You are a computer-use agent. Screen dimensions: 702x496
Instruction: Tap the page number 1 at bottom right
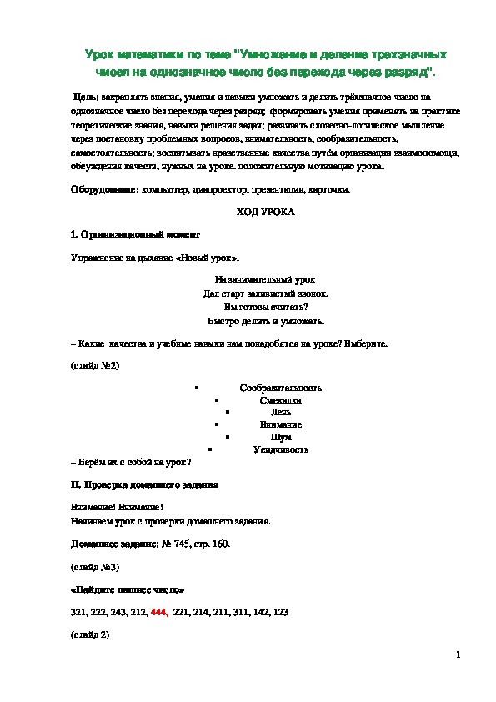click(x=458, y=656)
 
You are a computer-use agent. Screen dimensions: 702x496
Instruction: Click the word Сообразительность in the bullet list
click(x=281, y=388)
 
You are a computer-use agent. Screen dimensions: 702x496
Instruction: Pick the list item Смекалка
click(x=281, y=400)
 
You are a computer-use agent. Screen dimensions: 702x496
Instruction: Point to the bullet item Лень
click(x=281, y=413)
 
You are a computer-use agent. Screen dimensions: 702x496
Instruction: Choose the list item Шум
click(x=281, y=437)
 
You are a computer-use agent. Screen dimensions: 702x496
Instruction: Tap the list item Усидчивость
click(x=281, y=449)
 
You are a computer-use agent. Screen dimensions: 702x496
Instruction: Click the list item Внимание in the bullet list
click(x=281, y=424)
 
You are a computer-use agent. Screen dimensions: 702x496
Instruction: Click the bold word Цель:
click(x=86, y=98)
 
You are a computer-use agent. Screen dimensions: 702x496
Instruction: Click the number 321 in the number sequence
click(x=78, y=612)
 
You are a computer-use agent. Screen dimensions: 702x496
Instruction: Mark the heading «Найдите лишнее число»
click(x=128, y=589)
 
